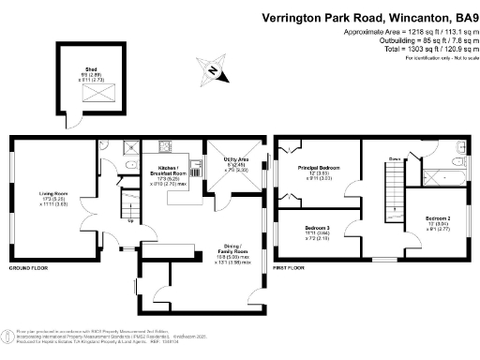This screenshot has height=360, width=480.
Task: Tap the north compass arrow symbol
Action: pyautogui.click(x=214, y=72)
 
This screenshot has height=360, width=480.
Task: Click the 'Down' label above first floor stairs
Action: pyautogui.click(x=395, y=159)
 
